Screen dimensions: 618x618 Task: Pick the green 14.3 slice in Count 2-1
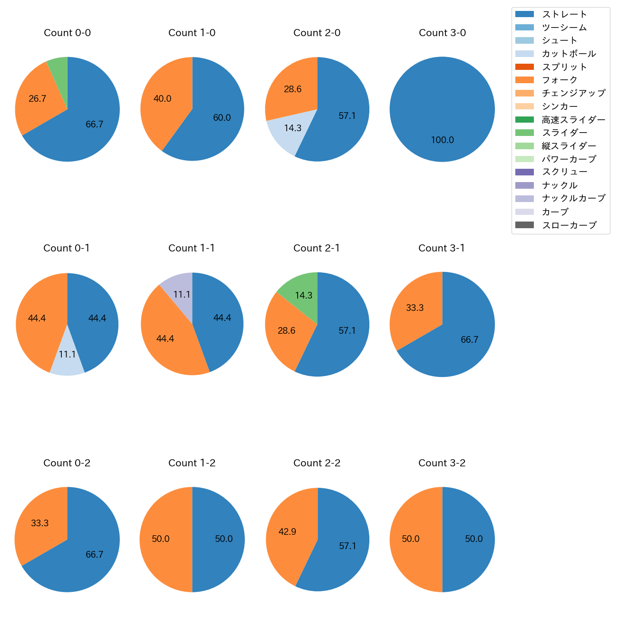pyautogui.click(x=300, y=290)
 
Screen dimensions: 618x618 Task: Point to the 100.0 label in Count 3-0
pyautogui.click(x=442, y=140)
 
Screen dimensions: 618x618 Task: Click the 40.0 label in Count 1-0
pyautogui.click(x=163, y=99)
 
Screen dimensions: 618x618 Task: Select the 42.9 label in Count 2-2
pyautogui.click(x=287, y=532)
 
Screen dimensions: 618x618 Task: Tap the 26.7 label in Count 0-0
pyautogui.click(x=38, y=99)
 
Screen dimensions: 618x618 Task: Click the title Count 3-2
pyautogui.click(x=442, y=463)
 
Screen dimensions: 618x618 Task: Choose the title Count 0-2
pyautogui.click(x=67, y=463)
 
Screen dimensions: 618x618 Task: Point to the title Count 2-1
pyautogui.click(x=317, y=248)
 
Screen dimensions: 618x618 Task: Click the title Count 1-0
pyautogui.click(x=192, y=33)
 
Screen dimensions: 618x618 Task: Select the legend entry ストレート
pyautogui.click(x=564, y=14)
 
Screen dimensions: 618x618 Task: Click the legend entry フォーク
pyautogui.click(x=560, y=80)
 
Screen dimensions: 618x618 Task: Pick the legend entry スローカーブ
pyautogui.click(x=569, y=225)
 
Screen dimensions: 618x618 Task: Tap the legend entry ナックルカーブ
pyautogui.click(x=573, y=198)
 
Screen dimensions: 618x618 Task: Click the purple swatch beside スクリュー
pyautogui.click(x=524, y=172)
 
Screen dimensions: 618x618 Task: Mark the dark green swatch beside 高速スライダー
pyautogui.click(x=524, y=120)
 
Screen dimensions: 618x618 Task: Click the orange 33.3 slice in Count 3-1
pyautogui.click(x=414, y=311)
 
